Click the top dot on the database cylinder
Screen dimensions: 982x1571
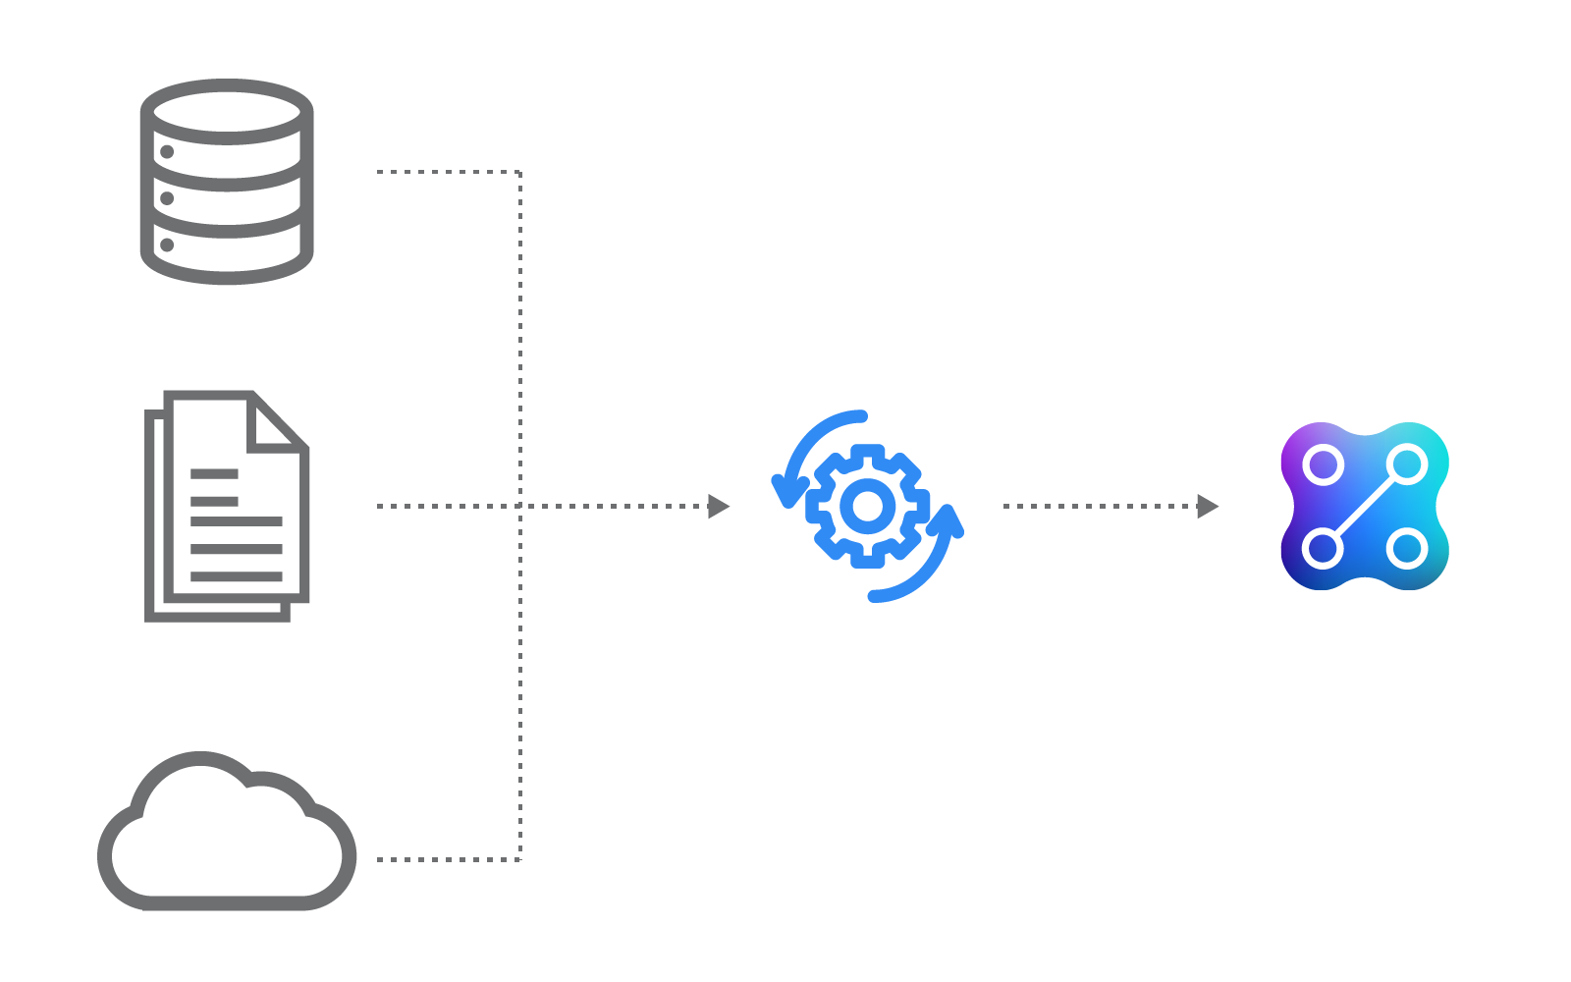tap(167, 152)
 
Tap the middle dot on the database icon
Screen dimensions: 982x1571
tap(167, 198)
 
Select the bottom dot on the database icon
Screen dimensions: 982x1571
tap(167, 245)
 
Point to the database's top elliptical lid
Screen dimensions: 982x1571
tap(227, 112)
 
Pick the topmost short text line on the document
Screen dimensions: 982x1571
tap(214, 473)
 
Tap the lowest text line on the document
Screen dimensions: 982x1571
tap(237, 576)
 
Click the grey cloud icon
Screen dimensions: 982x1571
tap(227, 835)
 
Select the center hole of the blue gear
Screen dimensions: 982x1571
tap(867, 506)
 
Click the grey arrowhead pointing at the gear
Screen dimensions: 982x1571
tap(719, 507)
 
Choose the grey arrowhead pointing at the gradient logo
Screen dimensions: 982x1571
tap(1208, 507)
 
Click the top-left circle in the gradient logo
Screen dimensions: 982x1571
tap(1324, 464)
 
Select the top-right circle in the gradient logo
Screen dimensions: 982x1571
tap(1407, 464)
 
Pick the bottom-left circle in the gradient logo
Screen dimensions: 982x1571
tap(1324, 548)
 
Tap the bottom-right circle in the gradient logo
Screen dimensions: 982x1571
tap(1407, 548)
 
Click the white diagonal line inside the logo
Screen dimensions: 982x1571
tap(1366, 506)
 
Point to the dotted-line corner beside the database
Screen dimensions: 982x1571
tap(519, 172)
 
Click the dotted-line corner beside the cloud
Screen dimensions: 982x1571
tap(519, 859)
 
